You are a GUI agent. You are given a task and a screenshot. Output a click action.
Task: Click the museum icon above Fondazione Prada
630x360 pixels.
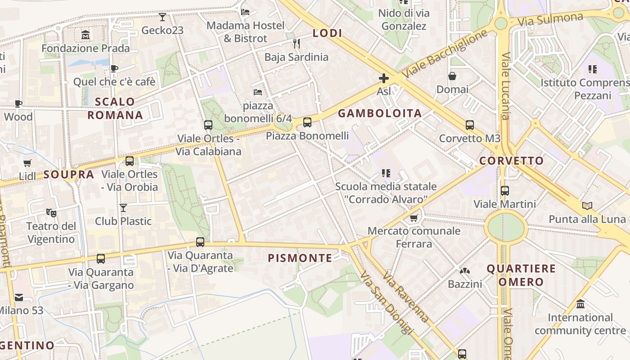click(x=85, y=35)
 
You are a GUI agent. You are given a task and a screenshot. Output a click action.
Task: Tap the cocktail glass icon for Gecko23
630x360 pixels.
click(x=162, y=17)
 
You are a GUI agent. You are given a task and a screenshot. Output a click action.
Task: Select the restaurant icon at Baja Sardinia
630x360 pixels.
click(x=296, y=44)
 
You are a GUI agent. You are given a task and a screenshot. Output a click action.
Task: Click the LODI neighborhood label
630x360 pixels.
click(x=327, y=33)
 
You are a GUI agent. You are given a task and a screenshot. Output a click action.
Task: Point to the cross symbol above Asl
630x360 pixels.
click(x=383, y=79)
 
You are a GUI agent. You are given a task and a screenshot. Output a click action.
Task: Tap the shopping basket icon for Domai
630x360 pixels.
click(x=452, y=76)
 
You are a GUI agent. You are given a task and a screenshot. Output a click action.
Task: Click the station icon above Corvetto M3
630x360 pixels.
click(x=469, y=125)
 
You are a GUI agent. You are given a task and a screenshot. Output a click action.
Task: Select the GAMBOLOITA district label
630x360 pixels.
click(x=380, y=113)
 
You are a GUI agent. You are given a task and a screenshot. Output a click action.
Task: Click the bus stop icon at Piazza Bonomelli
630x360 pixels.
click(x=307, y=122)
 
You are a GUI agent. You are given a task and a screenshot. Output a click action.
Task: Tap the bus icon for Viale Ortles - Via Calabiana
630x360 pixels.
click(x=208, y=125)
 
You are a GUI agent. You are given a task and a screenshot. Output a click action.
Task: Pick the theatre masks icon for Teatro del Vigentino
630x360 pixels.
click(x=51, y=212)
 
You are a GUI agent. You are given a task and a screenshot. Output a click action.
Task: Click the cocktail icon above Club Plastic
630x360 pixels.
click(x=123, y=207)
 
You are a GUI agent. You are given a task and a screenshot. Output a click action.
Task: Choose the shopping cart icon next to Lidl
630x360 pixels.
click(x=27, y=163)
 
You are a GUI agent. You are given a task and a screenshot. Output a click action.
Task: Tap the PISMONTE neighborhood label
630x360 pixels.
click(x=300, y=258)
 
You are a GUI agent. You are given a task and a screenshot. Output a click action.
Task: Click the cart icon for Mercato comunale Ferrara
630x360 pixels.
click(x=414, y=218)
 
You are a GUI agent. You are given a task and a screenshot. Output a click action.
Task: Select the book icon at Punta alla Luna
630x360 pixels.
click(x=587, y=206)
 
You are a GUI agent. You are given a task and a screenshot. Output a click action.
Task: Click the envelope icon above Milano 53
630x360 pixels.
click(x=18, y=297)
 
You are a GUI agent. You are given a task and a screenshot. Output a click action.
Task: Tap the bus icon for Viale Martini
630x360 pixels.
click(x=504, y=191)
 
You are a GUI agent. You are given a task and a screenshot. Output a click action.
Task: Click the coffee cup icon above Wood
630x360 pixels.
click(x=18, y=103)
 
